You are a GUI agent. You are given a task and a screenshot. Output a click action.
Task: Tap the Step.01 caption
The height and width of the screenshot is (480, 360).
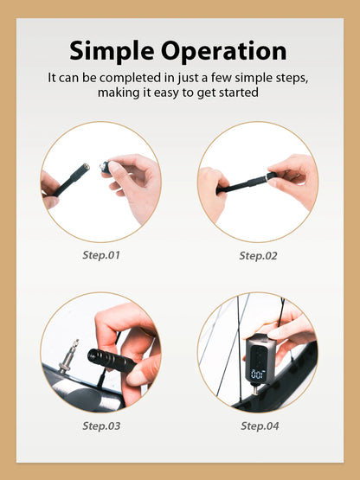click(x=100, y=255)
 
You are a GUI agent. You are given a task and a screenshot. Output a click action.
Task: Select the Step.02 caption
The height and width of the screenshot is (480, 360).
click(x=257, y=255)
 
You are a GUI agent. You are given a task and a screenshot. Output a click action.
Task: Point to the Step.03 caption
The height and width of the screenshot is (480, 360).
click(x=100, y=426)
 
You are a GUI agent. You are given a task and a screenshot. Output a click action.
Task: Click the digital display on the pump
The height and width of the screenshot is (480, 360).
click(x=257, y=374)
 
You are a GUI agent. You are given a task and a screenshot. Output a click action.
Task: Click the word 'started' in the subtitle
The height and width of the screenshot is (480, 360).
click(x=240, y=93)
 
